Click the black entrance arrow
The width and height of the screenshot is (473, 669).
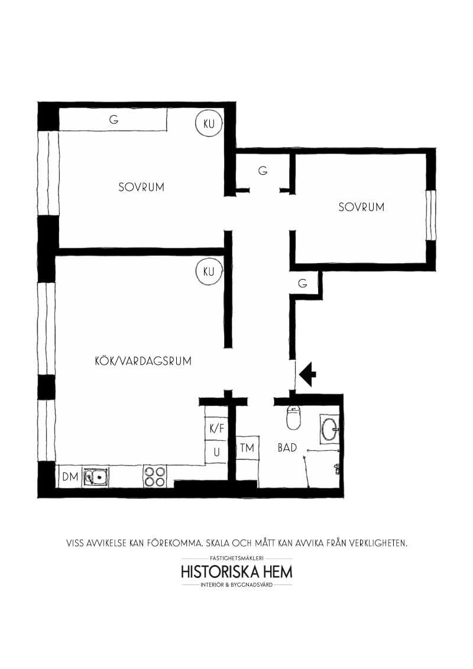(x=308, y=374)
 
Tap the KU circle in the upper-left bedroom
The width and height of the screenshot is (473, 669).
(x=208, y=124)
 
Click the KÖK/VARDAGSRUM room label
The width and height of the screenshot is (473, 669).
(x=143, y=361)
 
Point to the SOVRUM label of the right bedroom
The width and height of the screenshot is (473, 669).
(x=361, y=207)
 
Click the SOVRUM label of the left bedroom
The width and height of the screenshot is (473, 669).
(x=141, y=187)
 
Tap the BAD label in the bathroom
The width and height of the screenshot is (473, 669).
(x=287, y=447)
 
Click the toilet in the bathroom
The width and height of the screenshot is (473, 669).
(x=294, y=418)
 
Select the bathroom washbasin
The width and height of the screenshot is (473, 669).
(x=329, y=428)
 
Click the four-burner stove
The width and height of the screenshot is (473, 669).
(x=155, y=476)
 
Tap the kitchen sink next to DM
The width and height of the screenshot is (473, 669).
(x=96, y=476)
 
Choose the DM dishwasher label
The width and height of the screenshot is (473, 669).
(x=70, y=477)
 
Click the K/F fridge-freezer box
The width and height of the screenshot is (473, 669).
(x=216, y=428)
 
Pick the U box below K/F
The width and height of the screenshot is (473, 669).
(x=216, y=453)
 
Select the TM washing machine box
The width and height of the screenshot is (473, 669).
(x=247, y=449)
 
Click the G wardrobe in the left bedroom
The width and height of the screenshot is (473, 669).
(x=114, y=119)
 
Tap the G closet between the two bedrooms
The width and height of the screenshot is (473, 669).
(x=263, y=171)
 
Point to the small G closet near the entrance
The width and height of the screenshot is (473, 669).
(x=303, y=284)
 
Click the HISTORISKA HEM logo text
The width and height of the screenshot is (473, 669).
(x=237, y=572)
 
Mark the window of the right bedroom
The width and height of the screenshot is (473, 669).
(x=431, y=215)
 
